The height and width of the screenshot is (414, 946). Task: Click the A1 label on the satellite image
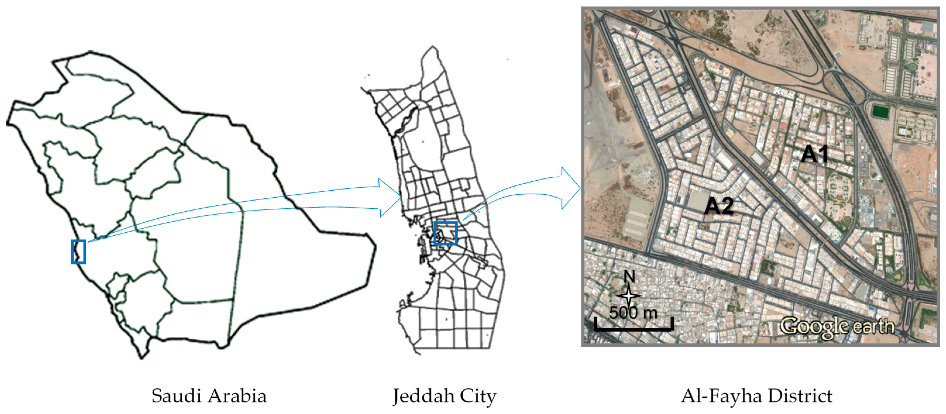point(814,154)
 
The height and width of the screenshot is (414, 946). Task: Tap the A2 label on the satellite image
point(719,206)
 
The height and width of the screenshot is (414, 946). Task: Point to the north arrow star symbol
point(629,295)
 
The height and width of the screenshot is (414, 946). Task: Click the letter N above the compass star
point(629,276)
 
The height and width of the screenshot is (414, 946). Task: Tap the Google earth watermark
point(837,326)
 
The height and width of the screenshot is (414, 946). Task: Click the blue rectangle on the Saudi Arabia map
point(78,252)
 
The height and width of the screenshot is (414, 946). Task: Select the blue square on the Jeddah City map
point(445,233)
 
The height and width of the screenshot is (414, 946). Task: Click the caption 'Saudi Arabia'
point(209,396)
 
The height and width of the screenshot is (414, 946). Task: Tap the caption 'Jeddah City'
point(444,396)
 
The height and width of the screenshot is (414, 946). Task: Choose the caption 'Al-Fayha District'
point(757,396)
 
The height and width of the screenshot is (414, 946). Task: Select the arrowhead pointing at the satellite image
point(571,188)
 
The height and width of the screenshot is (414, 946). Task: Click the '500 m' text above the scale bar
point(633,313)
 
